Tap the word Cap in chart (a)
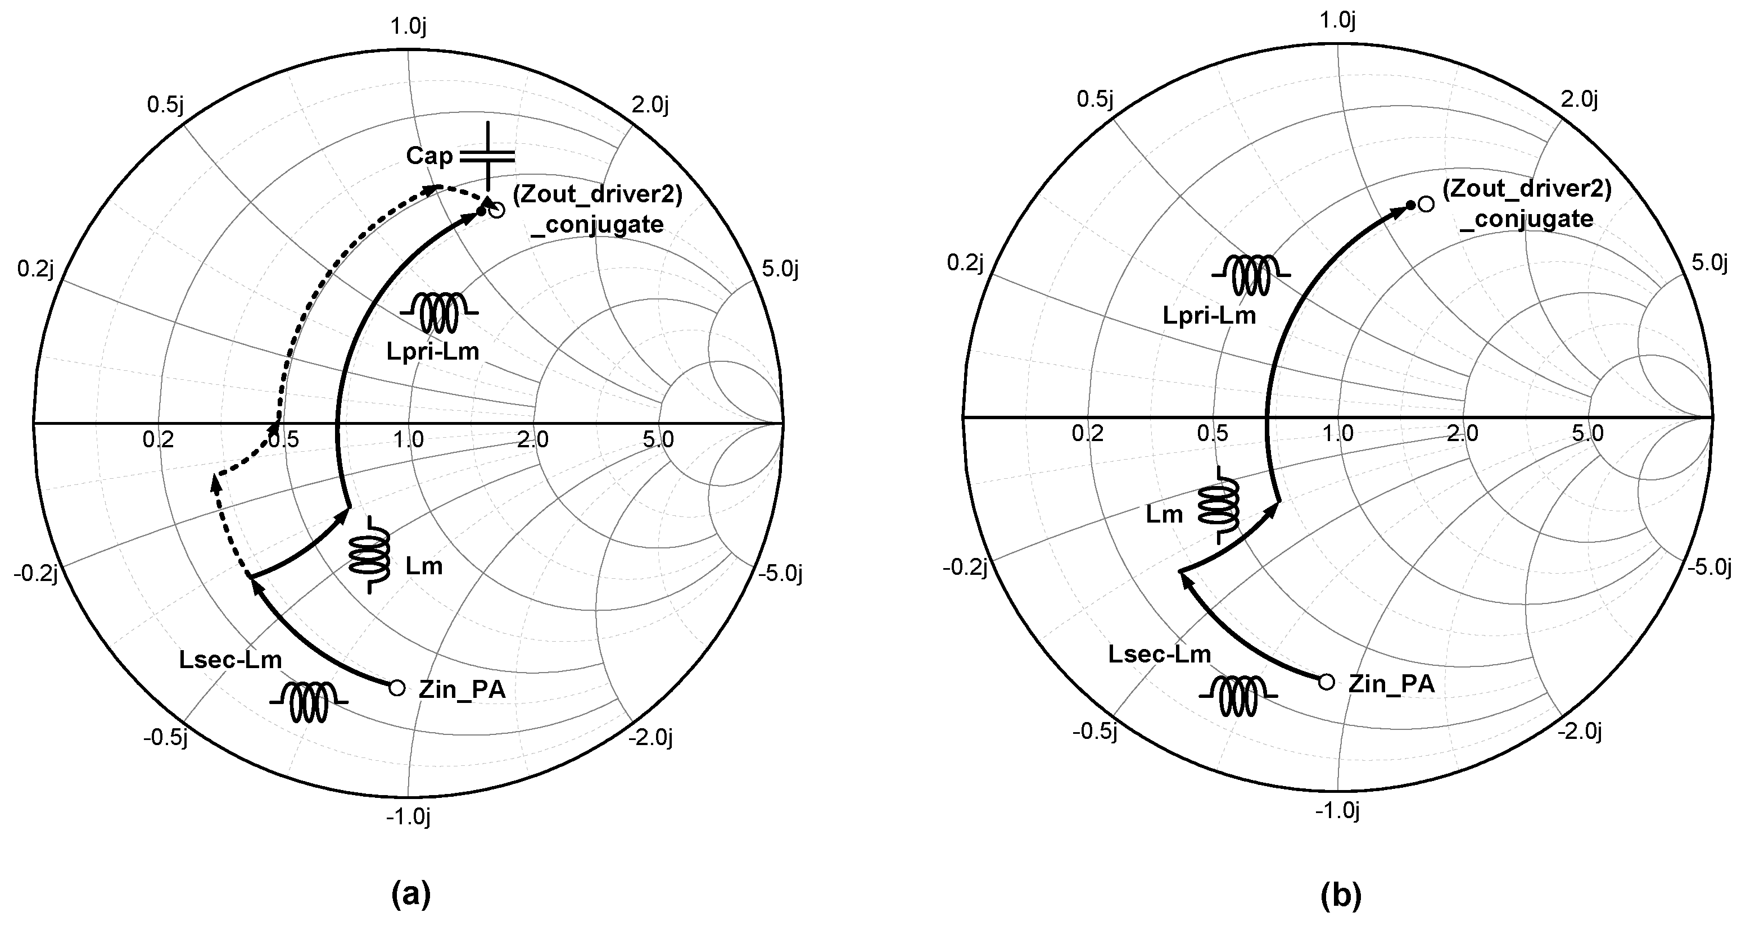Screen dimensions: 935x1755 click(429, 156)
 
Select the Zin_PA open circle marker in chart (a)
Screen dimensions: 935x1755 click(396, 688)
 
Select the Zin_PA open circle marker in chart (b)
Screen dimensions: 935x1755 click(1326, 682)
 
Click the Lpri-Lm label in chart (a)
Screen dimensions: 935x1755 click(433, 351)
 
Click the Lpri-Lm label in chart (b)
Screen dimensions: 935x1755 click(1209, 315)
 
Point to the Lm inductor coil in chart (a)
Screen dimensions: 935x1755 click(370, 555)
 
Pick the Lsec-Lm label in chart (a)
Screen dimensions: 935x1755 click(230, 659)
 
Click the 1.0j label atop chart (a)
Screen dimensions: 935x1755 click(408, 26)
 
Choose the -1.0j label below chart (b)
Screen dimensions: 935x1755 click(1337, 810)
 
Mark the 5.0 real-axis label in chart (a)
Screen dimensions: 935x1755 click(658, 439)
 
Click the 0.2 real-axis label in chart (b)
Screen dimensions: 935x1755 click(1087, 433)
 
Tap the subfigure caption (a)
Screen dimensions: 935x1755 click(411, 894)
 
